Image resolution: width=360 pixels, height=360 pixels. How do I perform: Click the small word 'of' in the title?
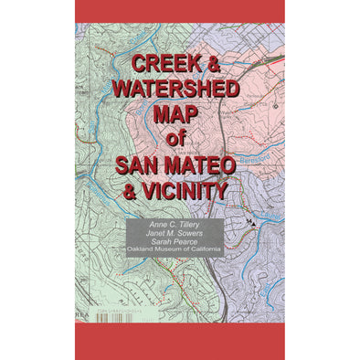[180, 140]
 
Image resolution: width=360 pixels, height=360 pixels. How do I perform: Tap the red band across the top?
[179, 11]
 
